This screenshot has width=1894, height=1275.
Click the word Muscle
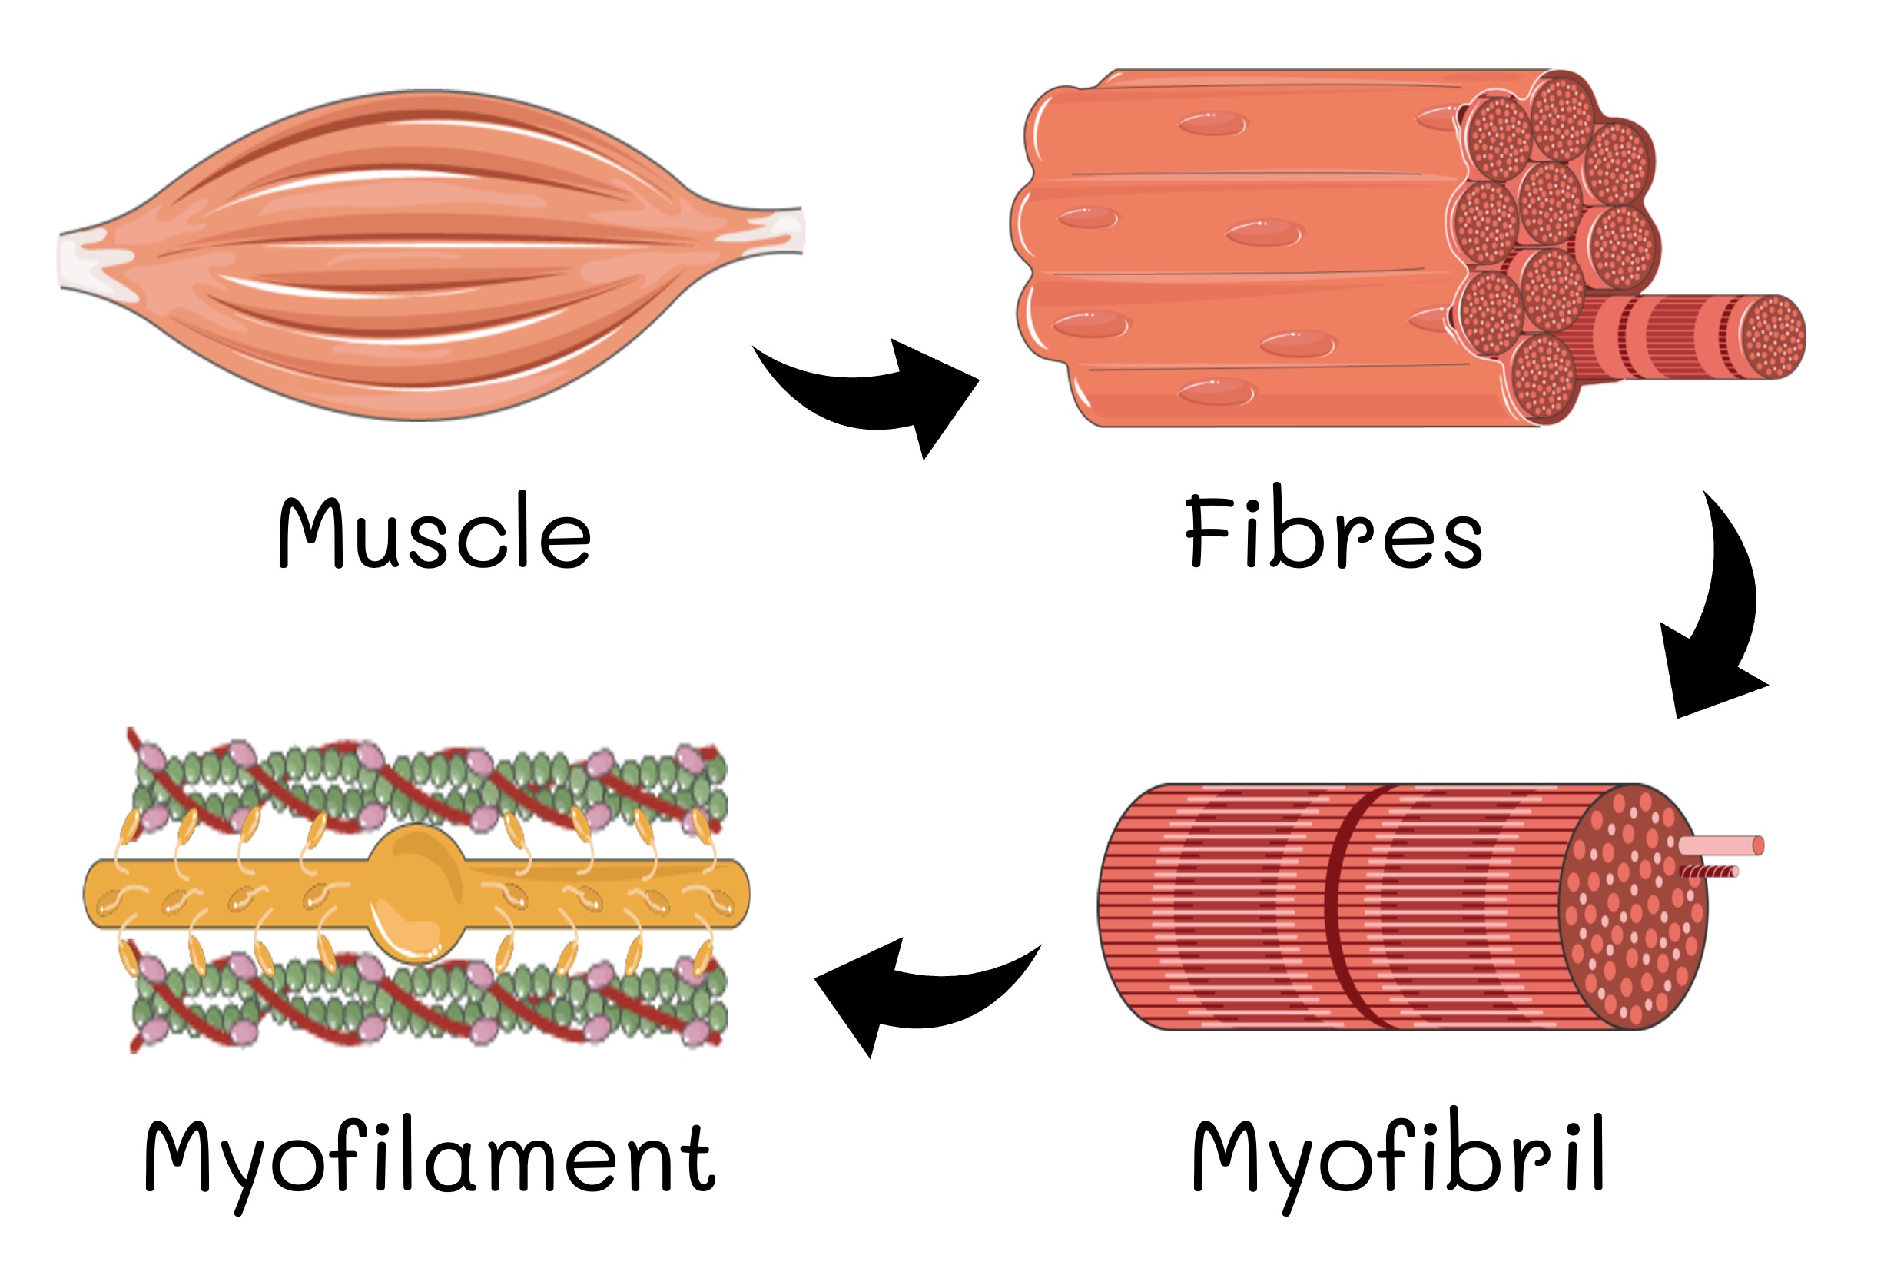click(434, 533)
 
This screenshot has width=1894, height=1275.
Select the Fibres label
click(1333, 533)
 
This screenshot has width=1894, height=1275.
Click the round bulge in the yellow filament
click(418, 893)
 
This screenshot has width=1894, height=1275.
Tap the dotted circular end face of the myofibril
click(1634, 907)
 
